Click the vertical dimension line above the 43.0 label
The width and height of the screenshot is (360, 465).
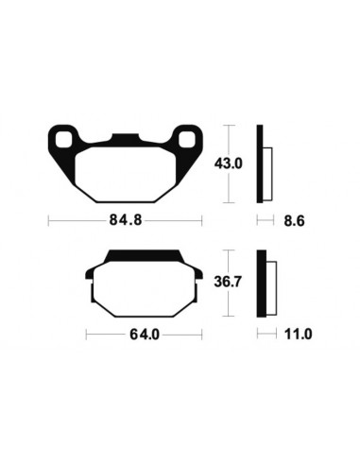[232, 139]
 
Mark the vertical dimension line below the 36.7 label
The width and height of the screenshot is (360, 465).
[232, 304]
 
